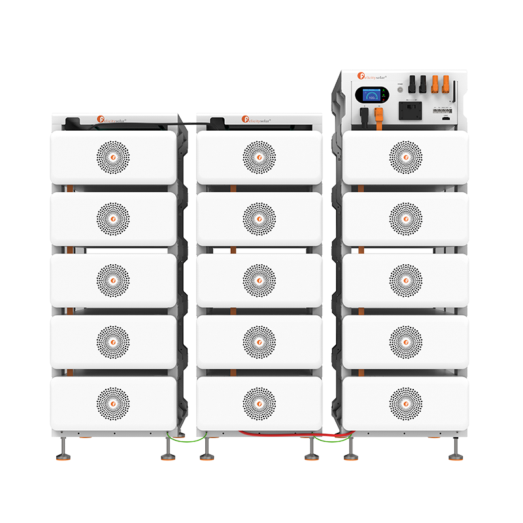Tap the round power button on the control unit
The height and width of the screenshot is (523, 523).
399,91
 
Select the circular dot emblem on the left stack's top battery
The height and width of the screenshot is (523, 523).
113,157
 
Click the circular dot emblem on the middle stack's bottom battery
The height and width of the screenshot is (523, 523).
259,403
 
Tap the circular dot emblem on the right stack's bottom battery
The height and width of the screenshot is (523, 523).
405,403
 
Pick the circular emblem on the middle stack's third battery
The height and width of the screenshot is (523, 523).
259,280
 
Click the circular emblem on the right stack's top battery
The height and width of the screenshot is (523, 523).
405,157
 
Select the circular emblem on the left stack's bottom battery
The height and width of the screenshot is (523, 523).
113,403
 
